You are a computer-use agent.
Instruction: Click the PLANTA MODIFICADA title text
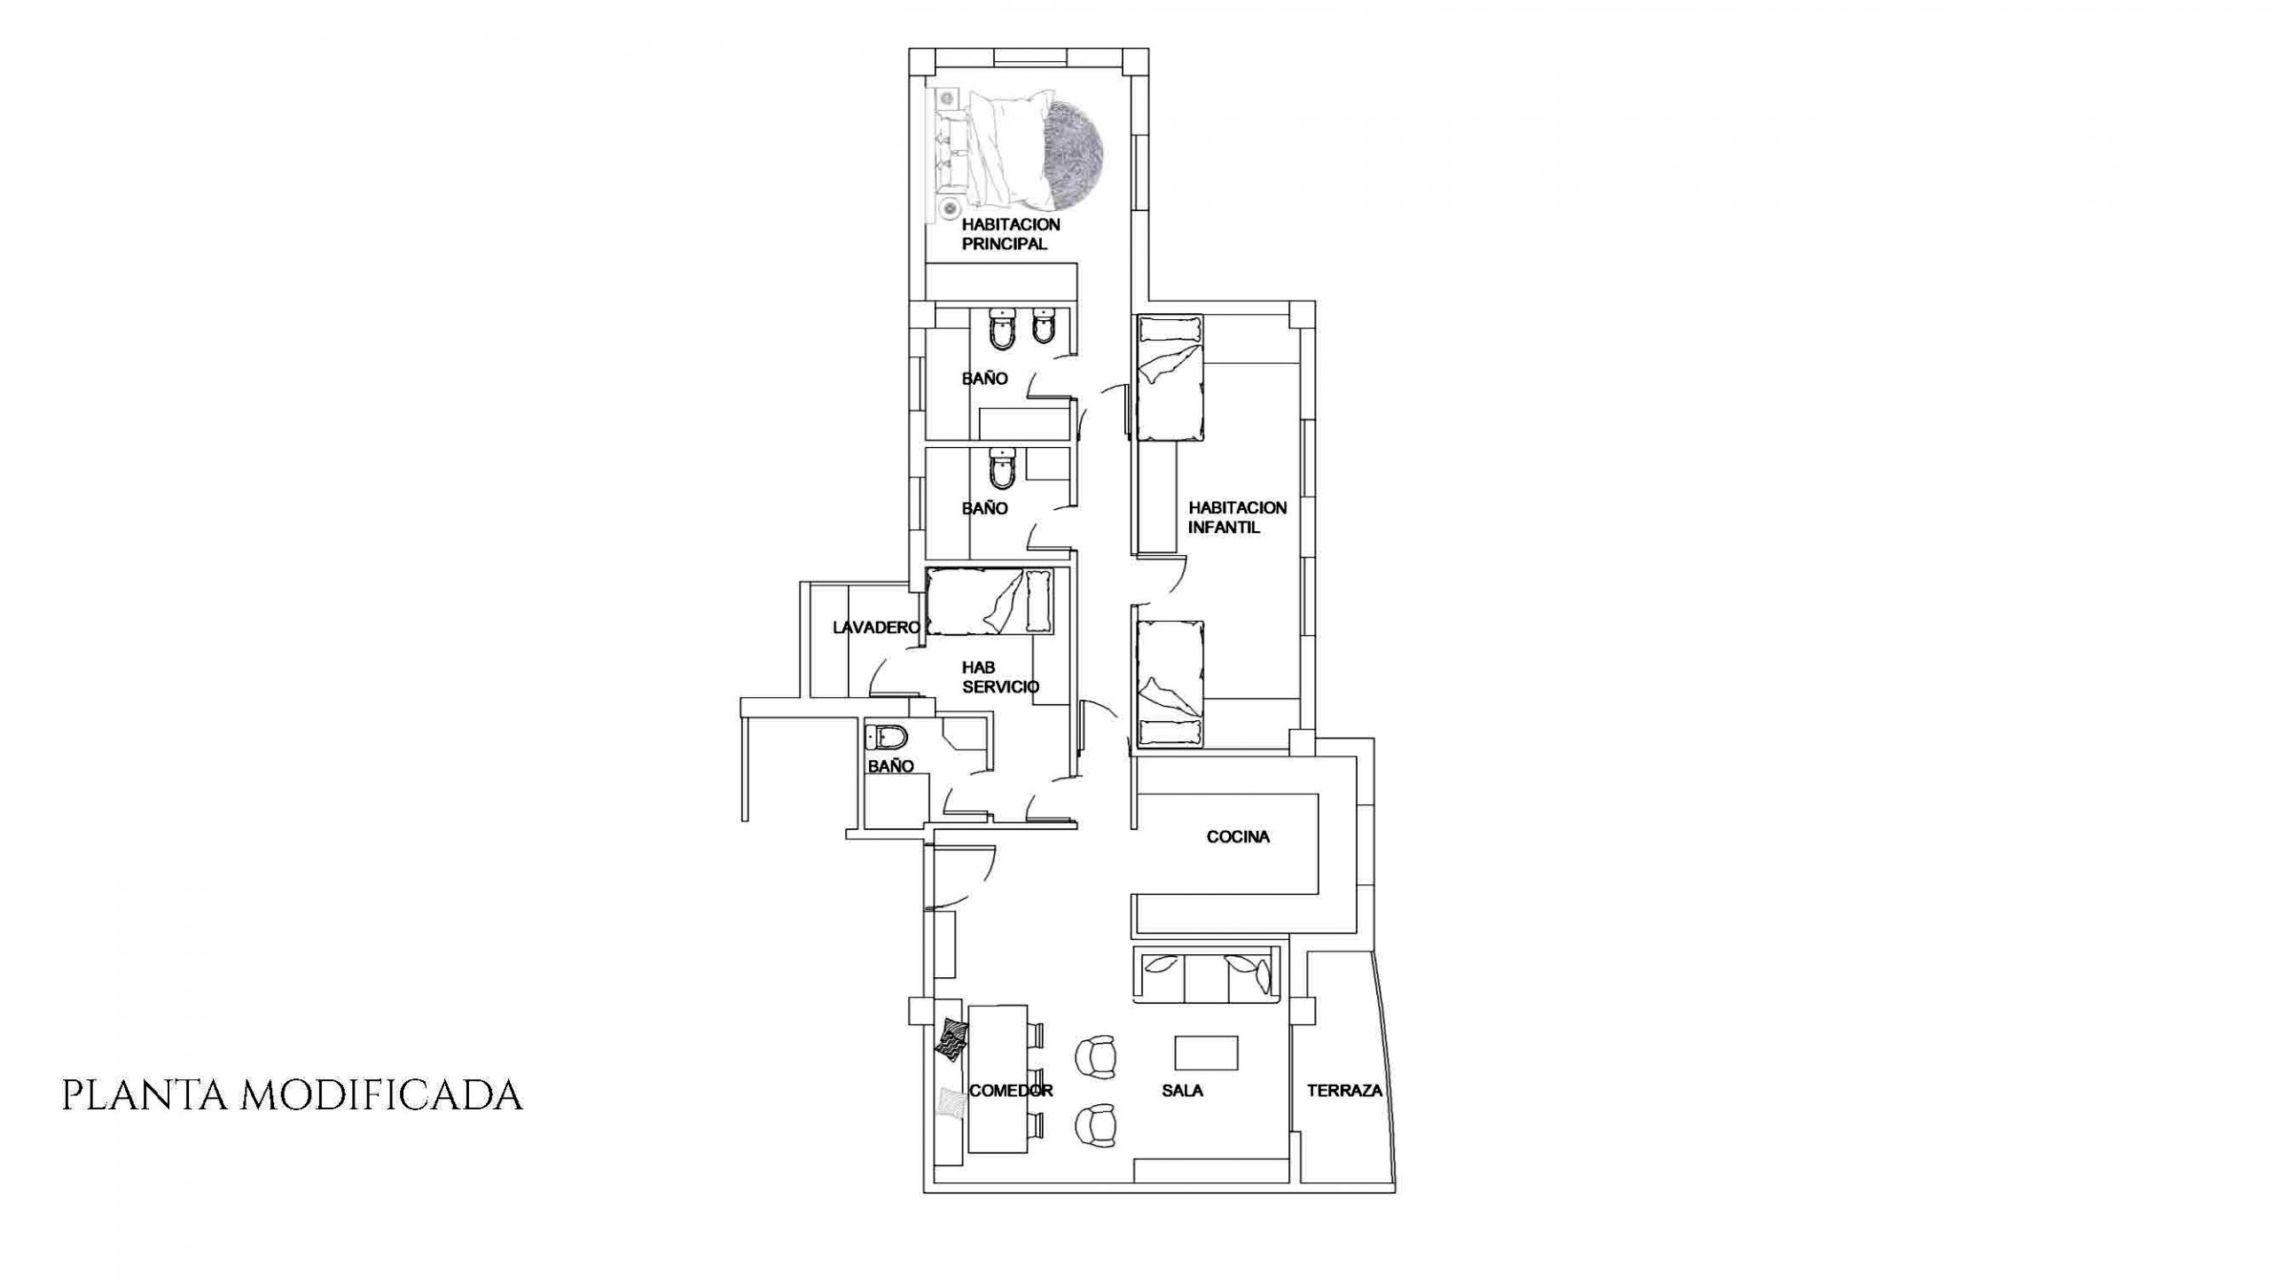click(292, 1095)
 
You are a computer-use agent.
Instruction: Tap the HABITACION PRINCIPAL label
click(1010, 234)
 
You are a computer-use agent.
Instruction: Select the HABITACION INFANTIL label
click(1237, 518)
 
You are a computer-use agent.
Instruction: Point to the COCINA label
click(1238, 836)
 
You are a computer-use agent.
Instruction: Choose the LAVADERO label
click(877, 628)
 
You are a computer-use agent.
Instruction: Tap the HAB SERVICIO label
click(1000, 678)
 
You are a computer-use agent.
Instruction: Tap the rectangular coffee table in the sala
click(1207, 1053)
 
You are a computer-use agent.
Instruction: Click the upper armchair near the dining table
click(1096, 1058)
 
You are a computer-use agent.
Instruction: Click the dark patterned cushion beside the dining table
click(952, 1040)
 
